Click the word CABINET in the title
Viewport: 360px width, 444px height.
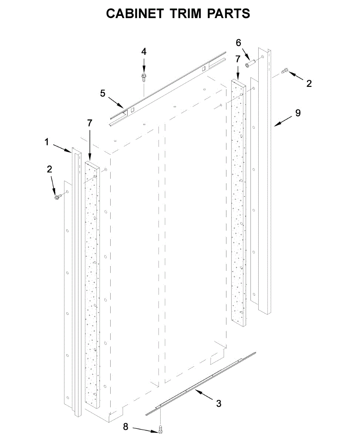point(134,14)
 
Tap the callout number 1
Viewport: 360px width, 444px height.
point(47,142)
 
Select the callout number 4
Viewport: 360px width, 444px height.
point(144,51)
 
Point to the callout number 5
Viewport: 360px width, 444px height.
point(103,93)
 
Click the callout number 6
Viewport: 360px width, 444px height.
point(239,43)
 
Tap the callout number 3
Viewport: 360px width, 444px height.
point(219,403)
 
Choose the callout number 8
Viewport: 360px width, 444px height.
point(125,427)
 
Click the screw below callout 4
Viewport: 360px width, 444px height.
point(144,77)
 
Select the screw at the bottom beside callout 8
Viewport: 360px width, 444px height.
point(161,429)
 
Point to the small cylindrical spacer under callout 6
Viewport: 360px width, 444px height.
point(250,64)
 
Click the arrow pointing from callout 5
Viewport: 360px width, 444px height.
point(115,101)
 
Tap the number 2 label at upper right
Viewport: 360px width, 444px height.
point(309,84)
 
